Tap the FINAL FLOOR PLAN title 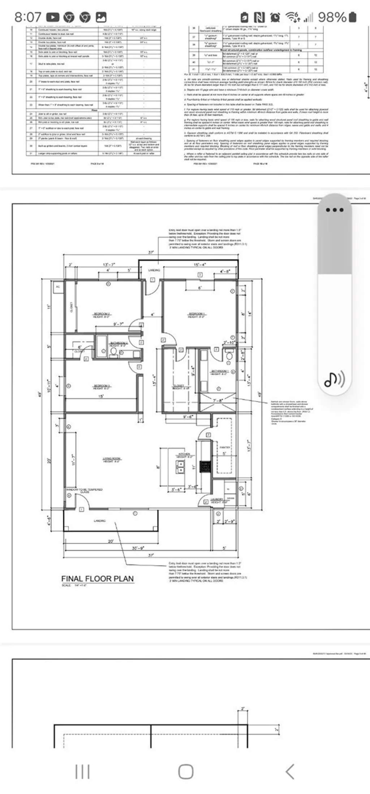97,579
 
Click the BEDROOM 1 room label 197,314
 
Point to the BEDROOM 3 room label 102,386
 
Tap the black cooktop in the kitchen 205,467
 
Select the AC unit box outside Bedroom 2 57,287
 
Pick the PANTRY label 225,447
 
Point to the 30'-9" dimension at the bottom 139,548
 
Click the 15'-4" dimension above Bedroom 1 200,265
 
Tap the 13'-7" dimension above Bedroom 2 109,265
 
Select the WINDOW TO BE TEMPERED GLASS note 84,490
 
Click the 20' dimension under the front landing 111,541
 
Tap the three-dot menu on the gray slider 334,210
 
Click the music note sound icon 334,379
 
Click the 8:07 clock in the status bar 27,17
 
